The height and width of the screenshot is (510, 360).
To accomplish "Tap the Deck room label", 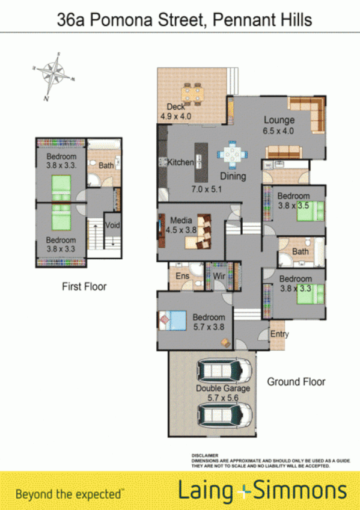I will pyautogui.click(x=176, y=106).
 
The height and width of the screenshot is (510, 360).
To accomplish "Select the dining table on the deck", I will pyautogui.click(x=193, y=93).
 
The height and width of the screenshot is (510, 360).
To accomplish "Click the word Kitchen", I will pyautogui.click(x=180, y=162).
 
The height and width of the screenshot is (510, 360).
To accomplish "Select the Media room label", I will pyautogui.click(x=180, y=220).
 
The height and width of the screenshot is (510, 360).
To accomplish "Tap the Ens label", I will pyautogui.click(x=182, y=276).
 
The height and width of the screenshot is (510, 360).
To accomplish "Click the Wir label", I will pyautogui.click(x=219, y=276).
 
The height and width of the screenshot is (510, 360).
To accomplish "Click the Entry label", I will pyautogui.click(x=279, y=334).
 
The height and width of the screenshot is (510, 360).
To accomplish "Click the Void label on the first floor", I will pyautogui.click(x=112, y=226).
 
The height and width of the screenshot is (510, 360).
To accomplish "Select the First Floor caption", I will pyautogui.click(x=84, y=287).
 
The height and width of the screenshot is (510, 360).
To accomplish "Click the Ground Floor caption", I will pyautogui.click(x=296, y=381).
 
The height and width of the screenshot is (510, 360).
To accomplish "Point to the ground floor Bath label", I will pyautogui.click(x=300, y=251).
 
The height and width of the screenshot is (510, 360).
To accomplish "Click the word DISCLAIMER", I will pyautogui.click(x=204, y=456).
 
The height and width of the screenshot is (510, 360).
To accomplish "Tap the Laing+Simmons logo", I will pyautogui.click(x=263, y=491).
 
